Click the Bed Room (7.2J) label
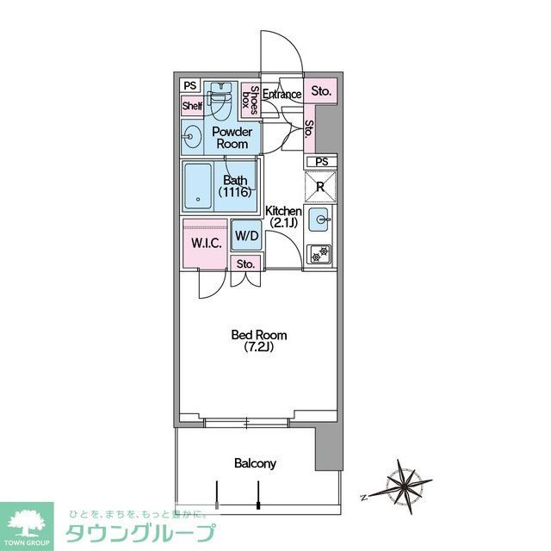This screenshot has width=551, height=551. pos(258,340)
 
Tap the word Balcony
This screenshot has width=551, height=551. pos(255,463)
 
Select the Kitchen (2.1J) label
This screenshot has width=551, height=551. pos(282,216)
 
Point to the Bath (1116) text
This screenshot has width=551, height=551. pos(236,186)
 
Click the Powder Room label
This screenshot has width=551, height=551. pos(232,138)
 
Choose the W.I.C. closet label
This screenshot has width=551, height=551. pos(206,243)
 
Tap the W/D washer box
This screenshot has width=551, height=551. pos(247,234)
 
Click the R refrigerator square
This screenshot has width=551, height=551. pos(321,185)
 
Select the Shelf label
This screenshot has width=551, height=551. pos(191,106)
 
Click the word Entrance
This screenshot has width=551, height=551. pos(282,94)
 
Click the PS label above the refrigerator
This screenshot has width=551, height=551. pos(321,162)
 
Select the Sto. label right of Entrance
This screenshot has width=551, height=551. pos(321,90)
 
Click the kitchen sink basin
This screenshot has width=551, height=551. pos(321,220)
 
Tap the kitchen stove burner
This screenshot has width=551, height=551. pos(321,254)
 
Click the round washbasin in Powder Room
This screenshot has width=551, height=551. pos(190,134)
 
